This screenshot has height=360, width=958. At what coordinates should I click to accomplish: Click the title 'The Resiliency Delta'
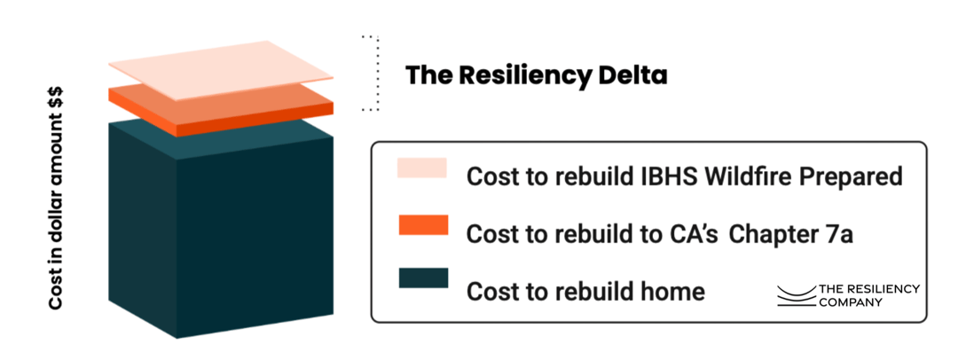(536, 75)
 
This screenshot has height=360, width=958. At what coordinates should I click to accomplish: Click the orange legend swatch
(423, 225)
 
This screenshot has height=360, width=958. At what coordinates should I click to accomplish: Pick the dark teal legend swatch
(423, 278)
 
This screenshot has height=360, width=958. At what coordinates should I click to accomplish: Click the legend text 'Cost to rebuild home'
(585, 291)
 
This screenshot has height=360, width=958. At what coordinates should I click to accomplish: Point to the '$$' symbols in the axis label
(56, 105)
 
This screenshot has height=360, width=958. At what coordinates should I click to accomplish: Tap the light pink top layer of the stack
(218, 69)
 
